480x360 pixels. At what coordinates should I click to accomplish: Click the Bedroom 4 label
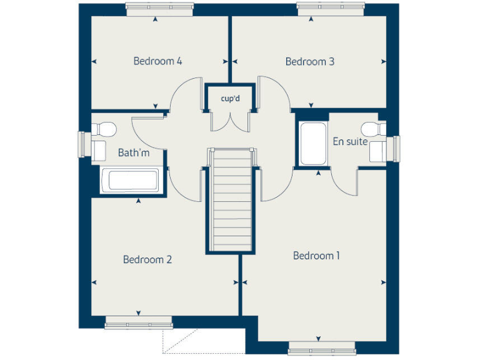(x=157, y=61)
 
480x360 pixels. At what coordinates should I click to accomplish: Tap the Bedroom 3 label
(x=310, y=61)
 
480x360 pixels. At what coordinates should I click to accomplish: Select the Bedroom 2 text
(x=147, y=259)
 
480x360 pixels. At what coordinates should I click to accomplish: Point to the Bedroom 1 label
(x=317, y=256)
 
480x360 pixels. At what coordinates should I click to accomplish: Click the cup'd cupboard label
(x=230, y=99)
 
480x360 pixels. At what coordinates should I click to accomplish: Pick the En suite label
(x=350, y=142)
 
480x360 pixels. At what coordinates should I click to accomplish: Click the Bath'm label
(x=134, y=152)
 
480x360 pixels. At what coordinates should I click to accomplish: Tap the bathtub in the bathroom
(x=132, y=181)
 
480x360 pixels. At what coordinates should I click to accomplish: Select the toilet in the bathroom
(x=104, y=129)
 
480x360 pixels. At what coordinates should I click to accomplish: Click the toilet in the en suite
(x=375, y=128)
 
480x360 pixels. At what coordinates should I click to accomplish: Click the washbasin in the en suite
(x=379, y=151)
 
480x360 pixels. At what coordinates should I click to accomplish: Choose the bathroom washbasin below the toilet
(x=99, y=150)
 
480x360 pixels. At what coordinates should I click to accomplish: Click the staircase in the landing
(x=231, y=200)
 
